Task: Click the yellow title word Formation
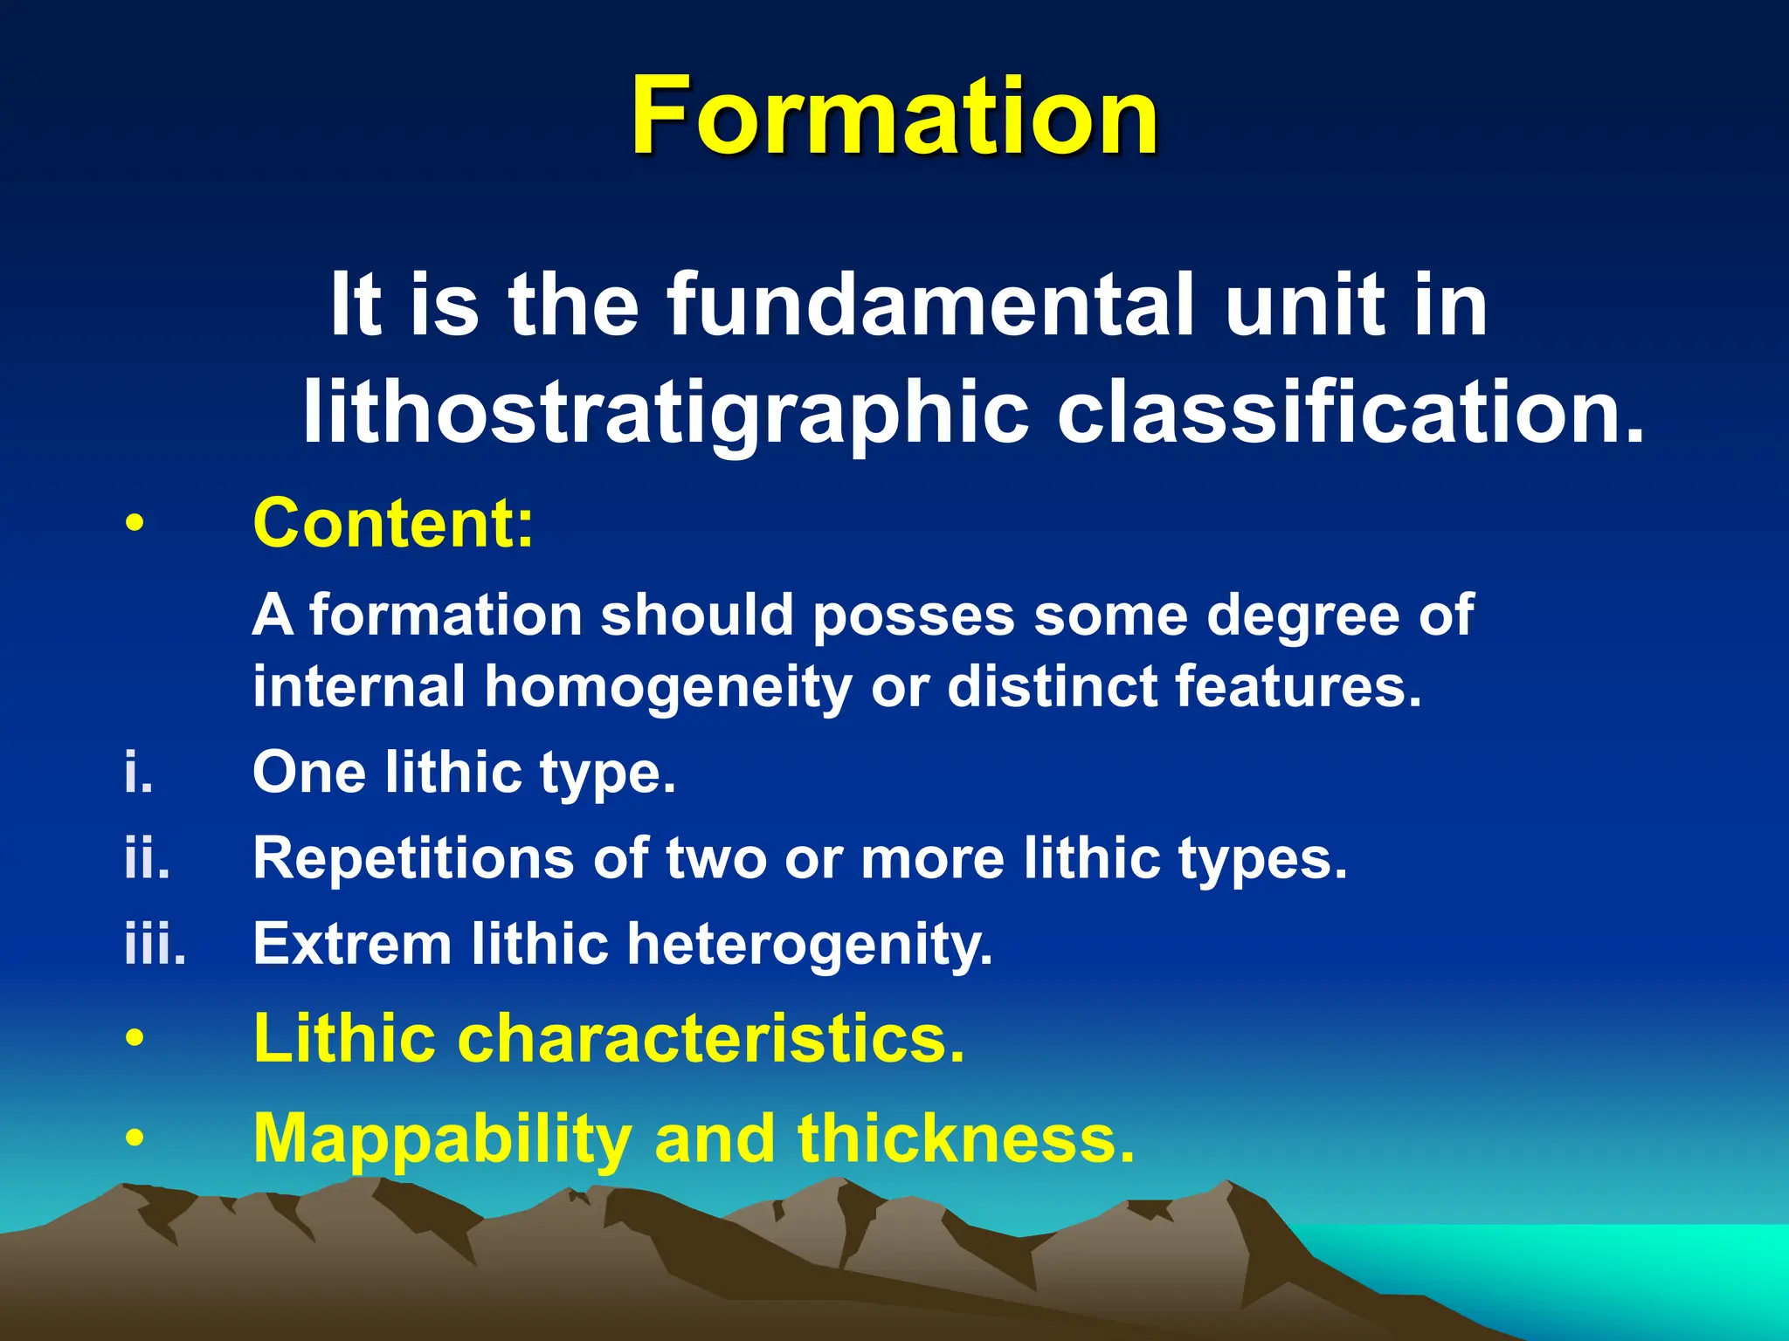[x=894, y=116]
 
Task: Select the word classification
[x=1350, y=410]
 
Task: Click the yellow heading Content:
[x=393, y=524]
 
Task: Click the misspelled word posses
[x=914, y=615]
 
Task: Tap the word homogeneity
[x=668, y=687]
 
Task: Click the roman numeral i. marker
[x=138, y=773]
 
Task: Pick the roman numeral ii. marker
[x=147, y=858]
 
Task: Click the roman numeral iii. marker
[x=155, y=944]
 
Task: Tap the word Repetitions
[x=413, y=858]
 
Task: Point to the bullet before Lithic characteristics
[x=134, y=1040]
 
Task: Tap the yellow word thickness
[x=965, y=1138]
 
